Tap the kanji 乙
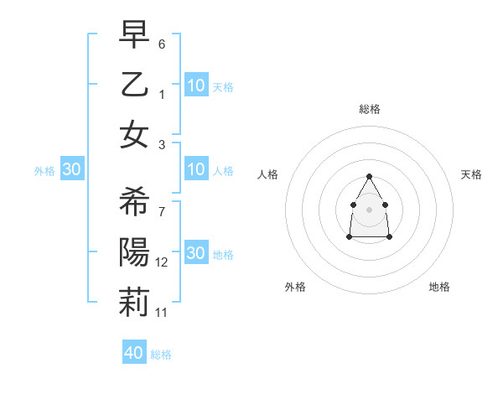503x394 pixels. [134, 83]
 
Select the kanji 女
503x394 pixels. [134, 134]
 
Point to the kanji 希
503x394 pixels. [134, 201]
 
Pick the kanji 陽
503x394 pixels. [134, 252]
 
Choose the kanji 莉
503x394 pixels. [134, 303]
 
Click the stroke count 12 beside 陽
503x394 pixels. [162, 262]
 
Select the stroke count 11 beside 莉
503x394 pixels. [162, 313]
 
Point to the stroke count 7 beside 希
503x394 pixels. [162, 211]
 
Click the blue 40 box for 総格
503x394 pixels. [134, 353]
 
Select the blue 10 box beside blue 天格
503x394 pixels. [196, 86]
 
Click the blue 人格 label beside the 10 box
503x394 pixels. [223, 171]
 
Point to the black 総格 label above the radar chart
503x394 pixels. [370, 109]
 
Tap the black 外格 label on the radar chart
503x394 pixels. [295, 287]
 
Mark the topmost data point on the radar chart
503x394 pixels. [369, 176]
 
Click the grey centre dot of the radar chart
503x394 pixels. [369, 209]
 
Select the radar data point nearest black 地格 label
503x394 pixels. [390, 237]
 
